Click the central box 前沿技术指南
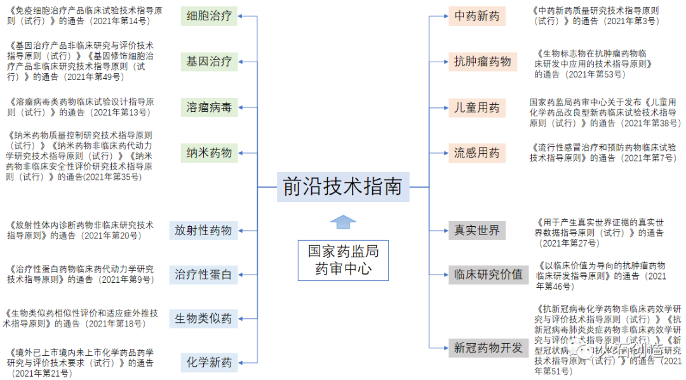coord(343,187)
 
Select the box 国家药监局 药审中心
coord(343,261)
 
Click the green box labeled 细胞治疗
coord(209,16)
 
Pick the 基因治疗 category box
coord(209,62)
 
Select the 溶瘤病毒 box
coord(209,107)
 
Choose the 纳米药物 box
coord(209,153)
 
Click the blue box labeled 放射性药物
coord(203,230)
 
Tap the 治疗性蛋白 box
coord(203,275)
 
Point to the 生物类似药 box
coord(203,318)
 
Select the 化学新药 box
coord(209,363)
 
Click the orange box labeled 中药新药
coord(477,16)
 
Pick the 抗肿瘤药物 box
coord(482,62)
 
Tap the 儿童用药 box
coord(477,107)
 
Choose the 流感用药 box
coord(477,153)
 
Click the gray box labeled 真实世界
coord(477,230)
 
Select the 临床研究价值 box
coord(488,275)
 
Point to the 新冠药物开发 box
coord(488,348)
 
